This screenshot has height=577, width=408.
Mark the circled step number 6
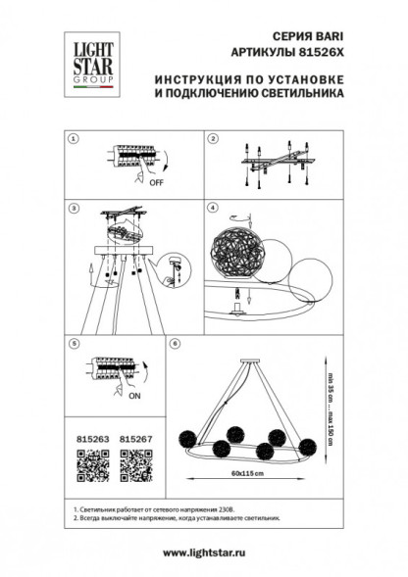coord(175,344)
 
